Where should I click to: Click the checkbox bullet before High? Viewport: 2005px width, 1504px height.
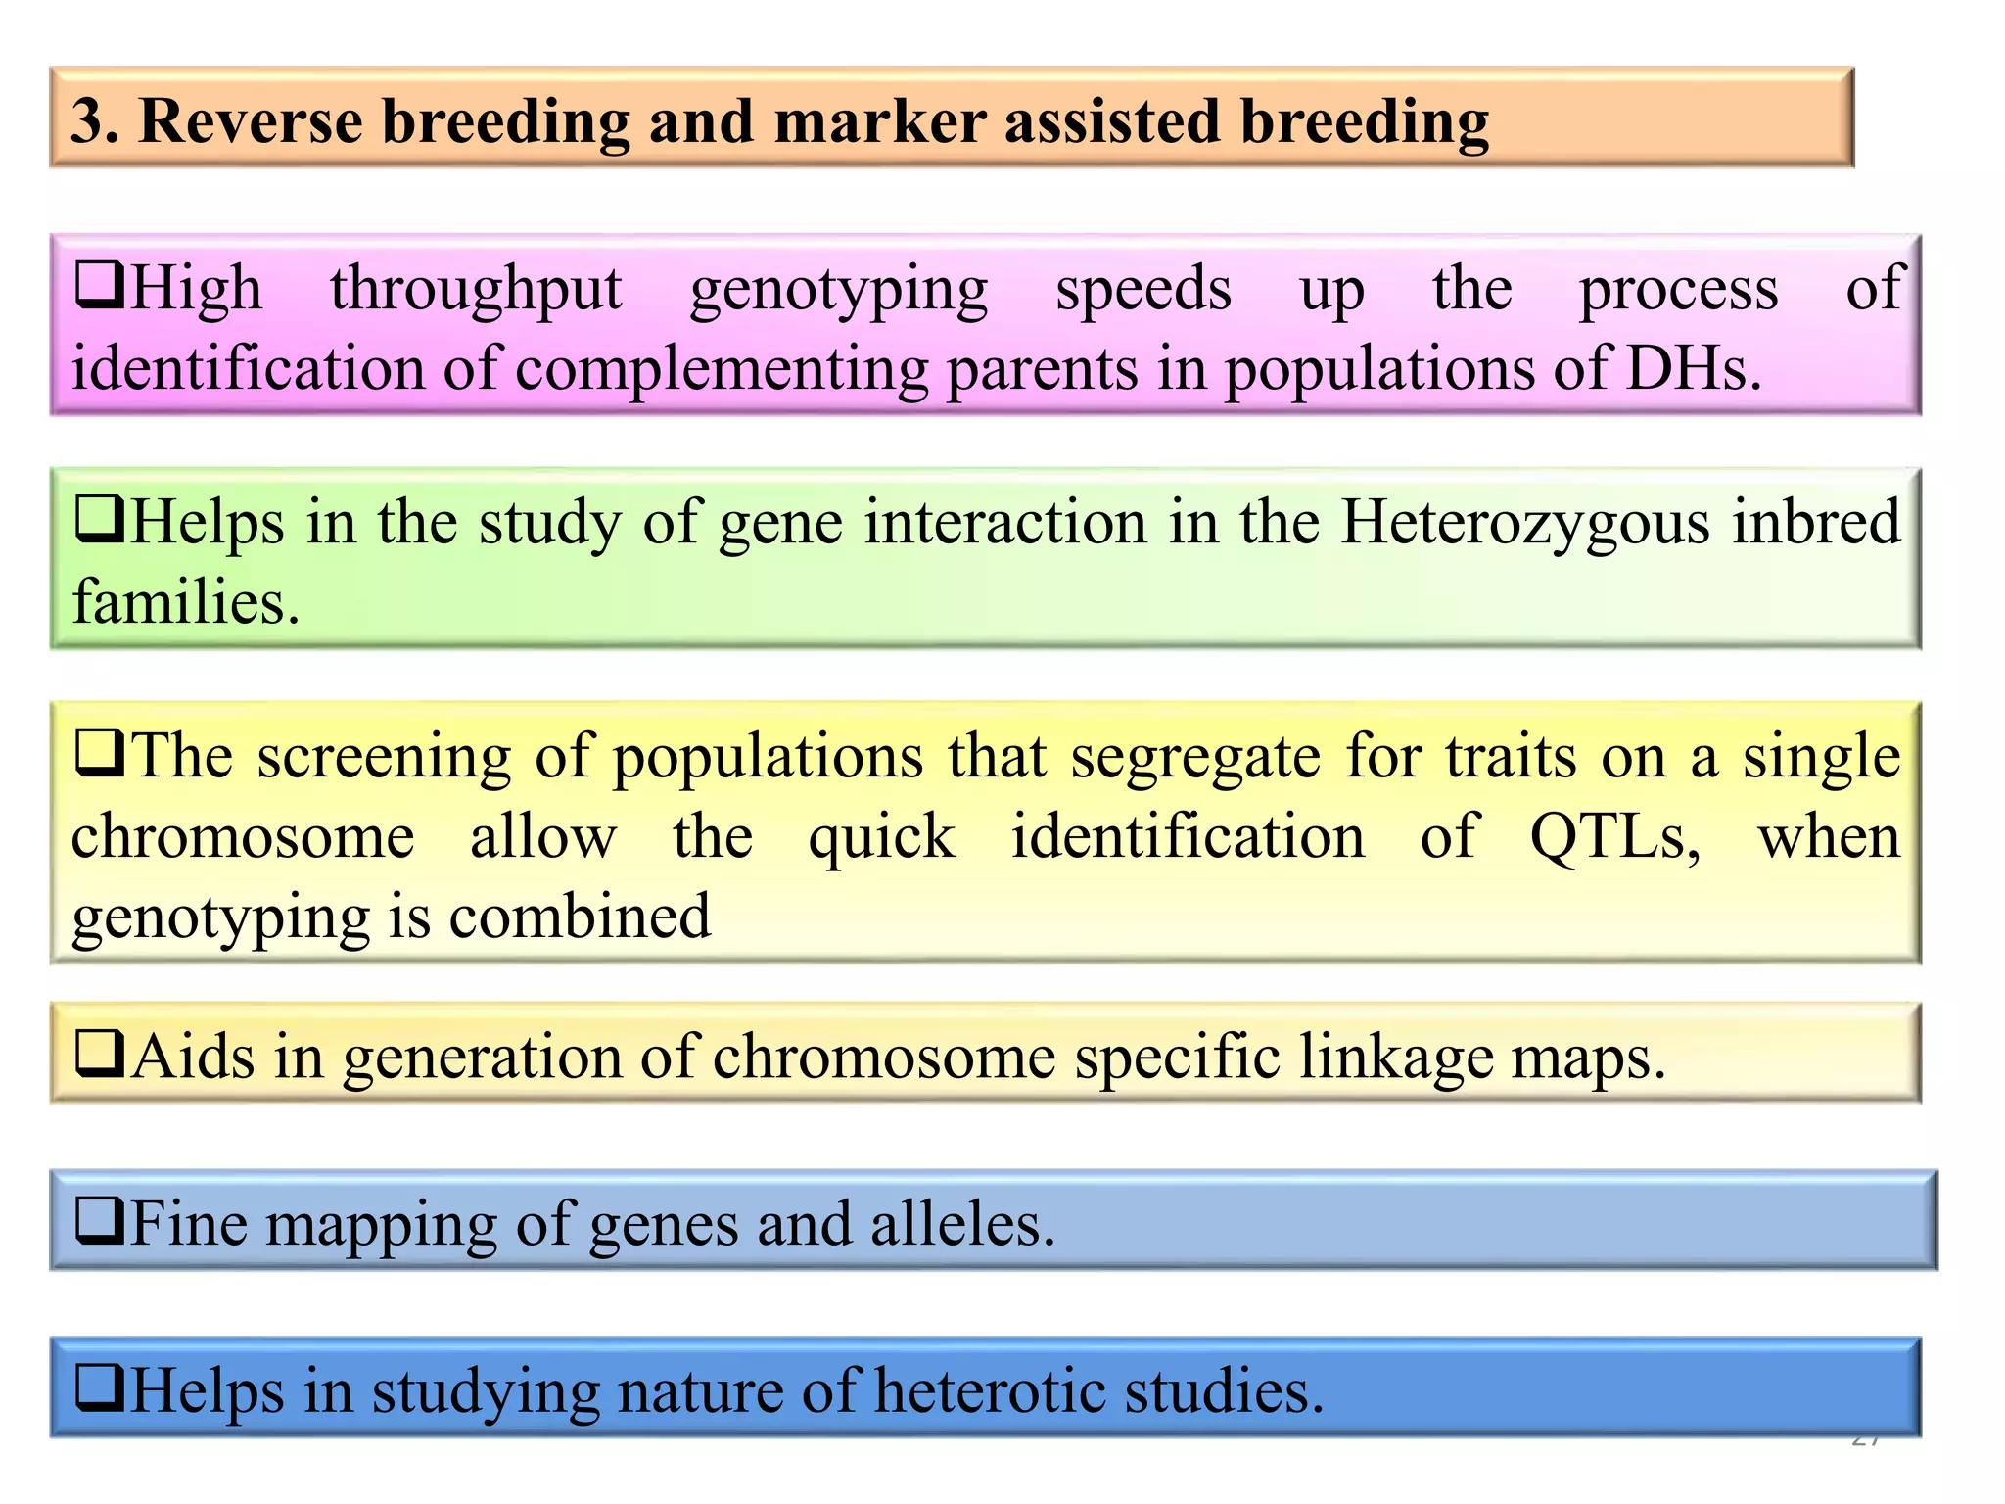tap(99, 285)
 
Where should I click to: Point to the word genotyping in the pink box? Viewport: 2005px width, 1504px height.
tap(838, 291)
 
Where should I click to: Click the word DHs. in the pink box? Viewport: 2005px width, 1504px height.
tap(1694, 369)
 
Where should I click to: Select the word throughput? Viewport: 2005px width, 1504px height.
tap(476, 291)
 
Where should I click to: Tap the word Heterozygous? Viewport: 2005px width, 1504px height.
tap(1523, 523)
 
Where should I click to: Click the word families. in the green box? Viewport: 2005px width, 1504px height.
tap(185, 601)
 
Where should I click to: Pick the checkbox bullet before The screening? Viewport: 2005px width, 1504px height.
tap(99, 754)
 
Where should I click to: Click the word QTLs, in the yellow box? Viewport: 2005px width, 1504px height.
tap(1615, 837)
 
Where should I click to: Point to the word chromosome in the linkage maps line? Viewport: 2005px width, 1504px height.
tap(884, 1057)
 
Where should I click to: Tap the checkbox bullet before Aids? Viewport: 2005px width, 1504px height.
tap(99, 1055)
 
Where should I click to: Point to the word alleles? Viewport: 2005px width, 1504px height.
tap(962, 1224)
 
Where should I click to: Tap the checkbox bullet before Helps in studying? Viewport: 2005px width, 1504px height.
tap(99, 1388)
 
